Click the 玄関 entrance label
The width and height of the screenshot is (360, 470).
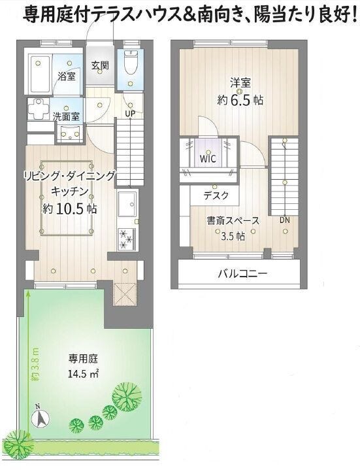coord(100,65)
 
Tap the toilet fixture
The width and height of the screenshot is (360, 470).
coord(131,62)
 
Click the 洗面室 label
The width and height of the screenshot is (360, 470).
coord(66,116)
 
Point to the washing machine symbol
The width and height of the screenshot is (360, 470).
coord(39,109)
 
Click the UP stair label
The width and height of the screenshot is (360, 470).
coord(130,114)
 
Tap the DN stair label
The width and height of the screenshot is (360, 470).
coord(285,220)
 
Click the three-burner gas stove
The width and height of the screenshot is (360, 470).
coord(127,239)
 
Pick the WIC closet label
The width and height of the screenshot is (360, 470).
coord(208,159)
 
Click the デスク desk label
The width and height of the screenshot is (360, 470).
coord(216,195)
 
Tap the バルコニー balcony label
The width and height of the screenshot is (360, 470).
coord(242,273)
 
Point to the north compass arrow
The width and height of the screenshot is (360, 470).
coord(41,417)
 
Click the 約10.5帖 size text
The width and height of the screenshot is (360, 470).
coord(70,209)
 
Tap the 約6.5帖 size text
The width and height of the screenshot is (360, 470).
coord(240,100)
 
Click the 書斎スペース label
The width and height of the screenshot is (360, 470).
coord(233,221)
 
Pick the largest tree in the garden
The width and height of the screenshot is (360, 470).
coord(127,394)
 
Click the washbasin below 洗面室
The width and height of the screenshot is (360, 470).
coord(70,134)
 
